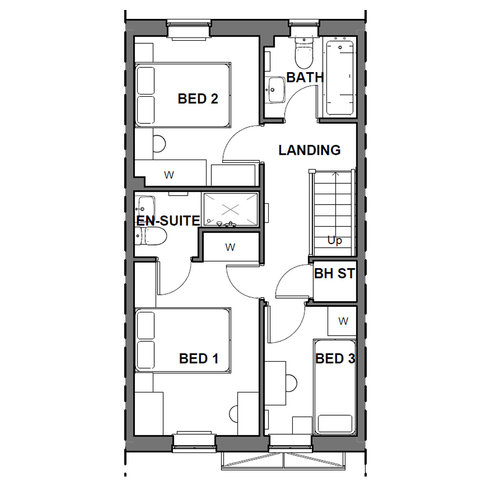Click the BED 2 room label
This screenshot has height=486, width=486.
point(198,99)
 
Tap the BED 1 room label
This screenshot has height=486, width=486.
point(199,359)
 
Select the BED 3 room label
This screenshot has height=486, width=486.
point(335,358)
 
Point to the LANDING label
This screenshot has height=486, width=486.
point(309,150)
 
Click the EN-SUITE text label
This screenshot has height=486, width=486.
point(168,221)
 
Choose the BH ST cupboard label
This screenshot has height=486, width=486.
point(335,274)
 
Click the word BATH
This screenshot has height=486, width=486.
point(305,77)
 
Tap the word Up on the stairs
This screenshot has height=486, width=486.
point(335,241)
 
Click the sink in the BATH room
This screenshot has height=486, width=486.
point(276,90)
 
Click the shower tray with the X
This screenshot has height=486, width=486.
point(230,209)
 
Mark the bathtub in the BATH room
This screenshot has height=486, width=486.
point(340,78)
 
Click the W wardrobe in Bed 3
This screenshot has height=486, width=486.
point(343,321)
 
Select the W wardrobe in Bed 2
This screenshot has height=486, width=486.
point(169,174)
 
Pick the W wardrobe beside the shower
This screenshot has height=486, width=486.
point(230,247)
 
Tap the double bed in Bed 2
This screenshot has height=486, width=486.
point(183,94)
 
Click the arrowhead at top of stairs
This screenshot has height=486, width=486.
point(336,174)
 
